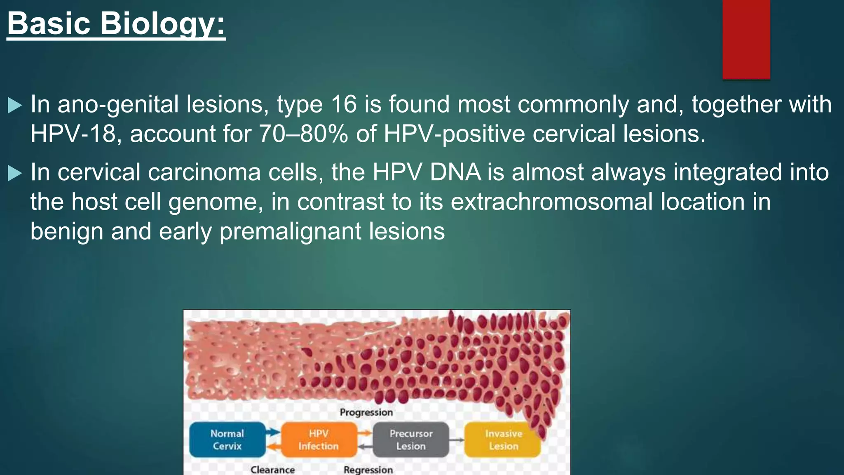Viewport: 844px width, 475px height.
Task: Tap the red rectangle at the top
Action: [x=746, y=39]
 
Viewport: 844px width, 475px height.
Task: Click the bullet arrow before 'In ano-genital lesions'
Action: [x=14, y=106]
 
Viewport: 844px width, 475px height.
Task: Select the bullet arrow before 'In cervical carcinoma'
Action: [x=14, y=173]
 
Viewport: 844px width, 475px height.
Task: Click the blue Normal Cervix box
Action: [x=227, y=440]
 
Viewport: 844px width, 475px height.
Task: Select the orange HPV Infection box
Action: [x=319, y=440]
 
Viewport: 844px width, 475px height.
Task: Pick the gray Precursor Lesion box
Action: [x=411, y=440]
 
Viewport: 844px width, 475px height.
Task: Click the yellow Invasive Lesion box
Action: [x=503, y=440]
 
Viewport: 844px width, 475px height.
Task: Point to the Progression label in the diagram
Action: [x=366, y=412]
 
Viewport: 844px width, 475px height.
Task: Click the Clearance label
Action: [x=272, y=470]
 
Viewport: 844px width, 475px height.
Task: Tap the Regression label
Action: [x=368, y=470]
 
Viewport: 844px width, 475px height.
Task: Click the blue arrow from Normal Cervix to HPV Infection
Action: [x=272, y=432]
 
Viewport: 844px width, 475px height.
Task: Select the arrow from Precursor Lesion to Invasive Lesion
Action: [x=457, y=440]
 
